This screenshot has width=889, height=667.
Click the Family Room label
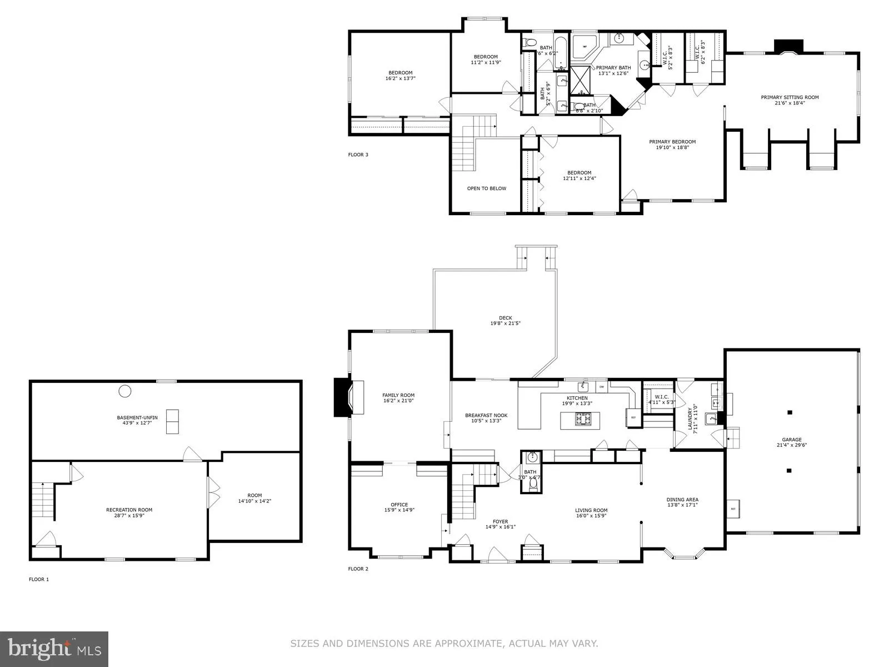398,395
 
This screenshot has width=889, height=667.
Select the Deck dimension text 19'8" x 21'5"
505,323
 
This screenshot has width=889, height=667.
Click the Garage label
792,439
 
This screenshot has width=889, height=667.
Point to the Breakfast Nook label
486,415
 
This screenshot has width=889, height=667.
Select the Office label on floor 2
399,505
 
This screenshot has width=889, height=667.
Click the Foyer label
500,521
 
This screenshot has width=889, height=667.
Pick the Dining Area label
682,499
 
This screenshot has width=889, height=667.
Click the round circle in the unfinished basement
125,391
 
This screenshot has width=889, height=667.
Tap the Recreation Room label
129,510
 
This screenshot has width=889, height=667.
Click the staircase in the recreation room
42,500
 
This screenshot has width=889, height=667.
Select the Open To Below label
486,188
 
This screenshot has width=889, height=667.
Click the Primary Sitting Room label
790,97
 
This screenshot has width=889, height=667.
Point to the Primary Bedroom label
672,142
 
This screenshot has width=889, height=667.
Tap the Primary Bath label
613,68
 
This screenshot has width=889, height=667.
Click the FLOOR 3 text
358,155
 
